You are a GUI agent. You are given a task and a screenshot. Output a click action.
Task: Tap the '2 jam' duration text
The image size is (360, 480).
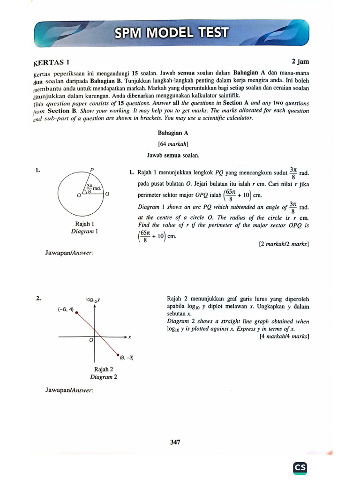pos(300,61)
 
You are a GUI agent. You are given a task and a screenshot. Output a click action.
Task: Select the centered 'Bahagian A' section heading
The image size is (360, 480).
pos(173,133)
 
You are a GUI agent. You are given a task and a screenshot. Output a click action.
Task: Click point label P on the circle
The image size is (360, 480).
pos(92,170)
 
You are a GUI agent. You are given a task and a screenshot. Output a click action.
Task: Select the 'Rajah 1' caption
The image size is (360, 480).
pos(84,224)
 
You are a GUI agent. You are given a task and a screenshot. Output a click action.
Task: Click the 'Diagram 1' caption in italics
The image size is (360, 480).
pos(84,232)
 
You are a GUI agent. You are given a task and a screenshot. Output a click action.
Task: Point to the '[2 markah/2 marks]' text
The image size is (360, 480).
pos(284,244)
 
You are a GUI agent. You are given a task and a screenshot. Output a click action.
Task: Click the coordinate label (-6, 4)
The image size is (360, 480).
pos(66,310)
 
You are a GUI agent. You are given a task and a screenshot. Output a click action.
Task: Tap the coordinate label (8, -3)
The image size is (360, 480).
pos(127,358)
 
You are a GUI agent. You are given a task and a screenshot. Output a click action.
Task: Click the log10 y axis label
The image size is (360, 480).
pos(94,299)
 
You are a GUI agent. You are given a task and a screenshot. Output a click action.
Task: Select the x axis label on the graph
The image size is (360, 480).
pos(129,337)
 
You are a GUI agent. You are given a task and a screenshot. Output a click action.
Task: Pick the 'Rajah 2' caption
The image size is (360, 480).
pos(104,369)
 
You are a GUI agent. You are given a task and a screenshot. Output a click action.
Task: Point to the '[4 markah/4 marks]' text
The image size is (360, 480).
pos(284,336)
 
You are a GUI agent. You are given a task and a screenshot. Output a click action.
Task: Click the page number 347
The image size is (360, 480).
pos(175,442)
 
